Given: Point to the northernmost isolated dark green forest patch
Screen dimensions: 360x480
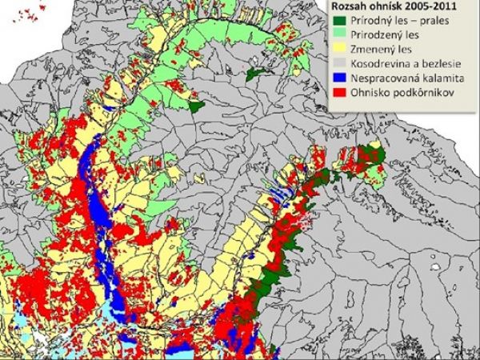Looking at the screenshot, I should pyautogui.click(x=255, y=74).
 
